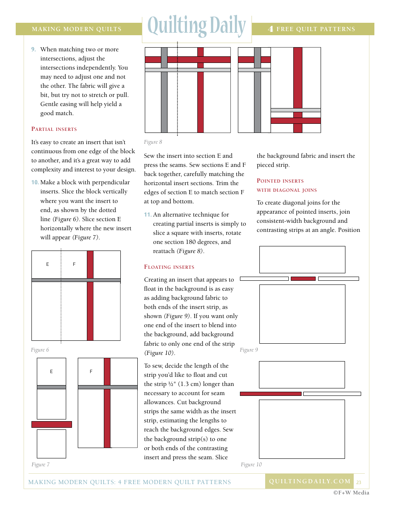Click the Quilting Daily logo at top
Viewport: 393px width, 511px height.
click(197, 27)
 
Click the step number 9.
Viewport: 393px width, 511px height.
click(34, 50)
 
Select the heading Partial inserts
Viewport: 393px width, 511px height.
click(54, 129)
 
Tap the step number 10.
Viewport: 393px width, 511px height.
click(35, 183)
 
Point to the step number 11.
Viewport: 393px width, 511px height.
click(148, 215)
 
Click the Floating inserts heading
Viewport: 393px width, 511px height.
click(169, 267)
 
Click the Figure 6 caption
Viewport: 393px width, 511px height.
click(40, 350)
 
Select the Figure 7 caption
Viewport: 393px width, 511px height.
click(40, 465)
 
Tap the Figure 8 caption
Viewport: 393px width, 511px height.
click(153, 142)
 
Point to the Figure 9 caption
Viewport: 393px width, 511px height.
click(249, 350)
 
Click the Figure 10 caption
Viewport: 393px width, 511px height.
click(251, 465)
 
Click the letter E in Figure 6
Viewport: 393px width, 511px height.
click(48, 264)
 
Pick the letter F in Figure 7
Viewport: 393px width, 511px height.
click(91, 371)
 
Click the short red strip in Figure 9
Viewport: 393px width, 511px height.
click(303, 279)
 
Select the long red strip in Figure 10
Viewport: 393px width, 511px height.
click(271, 394)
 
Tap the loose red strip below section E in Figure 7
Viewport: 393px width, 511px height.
click(52, 424)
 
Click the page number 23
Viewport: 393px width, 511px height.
click(359, 482)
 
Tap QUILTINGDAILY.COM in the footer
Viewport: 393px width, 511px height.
click(309, 481)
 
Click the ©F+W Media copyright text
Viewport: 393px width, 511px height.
click(351, 493)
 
